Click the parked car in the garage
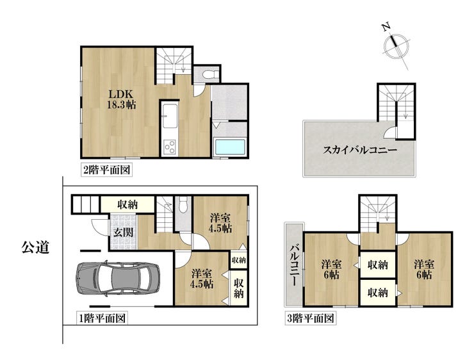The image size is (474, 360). coord(118,278)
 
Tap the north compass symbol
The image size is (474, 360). coord(396,47)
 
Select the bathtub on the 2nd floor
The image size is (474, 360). coord(229,147)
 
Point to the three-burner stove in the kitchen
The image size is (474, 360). coord(169,147)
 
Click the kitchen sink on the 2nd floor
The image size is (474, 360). coord(169,115)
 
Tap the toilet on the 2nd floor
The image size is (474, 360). coord(209,74)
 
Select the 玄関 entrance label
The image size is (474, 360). coord(124,232)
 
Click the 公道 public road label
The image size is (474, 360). coord(35,247)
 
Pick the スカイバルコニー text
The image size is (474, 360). coord(360,150)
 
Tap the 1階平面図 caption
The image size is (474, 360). coord(102,318)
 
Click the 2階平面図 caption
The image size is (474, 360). coord(106,170)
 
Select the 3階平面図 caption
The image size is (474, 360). coord(311,318)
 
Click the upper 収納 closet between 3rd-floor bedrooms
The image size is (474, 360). coord(377,265)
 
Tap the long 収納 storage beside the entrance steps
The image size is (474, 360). coord(127,204)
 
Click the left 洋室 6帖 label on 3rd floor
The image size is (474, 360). coord(331,270)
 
